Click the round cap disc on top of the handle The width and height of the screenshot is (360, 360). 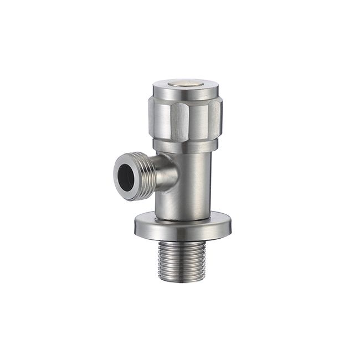(186, 84)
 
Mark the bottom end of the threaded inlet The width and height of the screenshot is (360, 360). (186, 280)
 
